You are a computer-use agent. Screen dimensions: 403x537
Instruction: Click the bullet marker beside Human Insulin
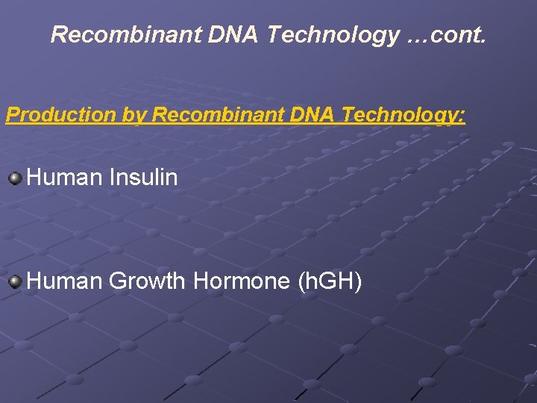coord(15,178)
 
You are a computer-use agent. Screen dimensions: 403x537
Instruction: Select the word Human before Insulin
coord(64,178)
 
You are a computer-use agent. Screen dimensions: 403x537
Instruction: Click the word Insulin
coord(143,178)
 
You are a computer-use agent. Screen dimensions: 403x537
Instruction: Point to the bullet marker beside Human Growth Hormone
coord(15,281)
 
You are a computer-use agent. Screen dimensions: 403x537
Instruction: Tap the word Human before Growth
coord(64,281)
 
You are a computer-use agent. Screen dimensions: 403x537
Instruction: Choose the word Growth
coord(147,281)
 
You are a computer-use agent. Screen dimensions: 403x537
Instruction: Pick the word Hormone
coord(242,281)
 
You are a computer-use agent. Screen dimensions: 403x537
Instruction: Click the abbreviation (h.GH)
coord(330,281)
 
